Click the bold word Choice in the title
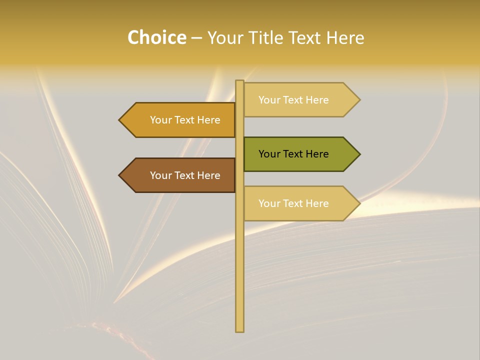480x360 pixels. pos(156,38)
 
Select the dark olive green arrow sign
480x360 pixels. pos(300,154)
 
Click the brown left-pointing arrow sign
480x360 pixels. pos(180,175)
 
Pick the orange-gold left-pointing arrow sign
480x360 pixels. pos(180,120)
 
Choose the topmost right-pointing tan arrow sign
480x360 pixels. pos(300,100)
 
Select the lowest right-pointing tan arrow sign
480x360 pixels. pos(300,203)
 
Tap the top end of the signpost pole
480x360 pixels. pos(240,81)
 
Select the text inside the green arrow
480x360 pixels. pos(293,154)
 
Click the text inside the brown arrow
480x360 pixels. pos(185,175)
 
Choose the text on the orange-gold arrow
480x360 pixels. pos(185,120)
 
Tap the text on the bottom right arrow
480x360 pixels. pos(293,203)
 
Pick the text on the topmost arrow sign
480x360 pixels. pos(293,100)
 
